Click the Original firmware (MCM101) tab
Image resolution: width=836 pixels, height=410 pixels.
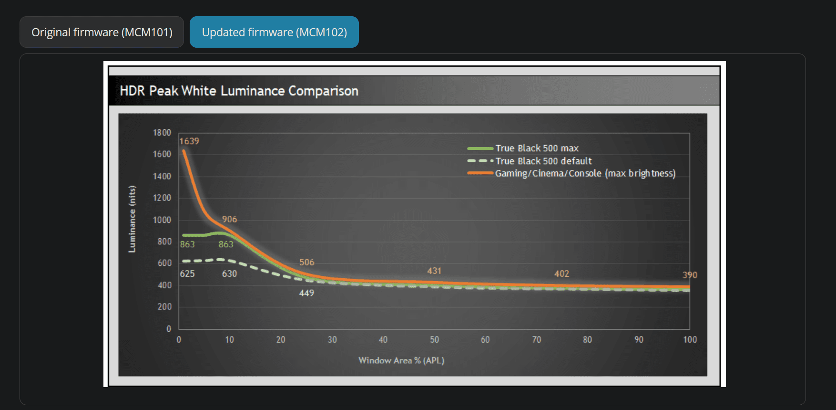point(102,32)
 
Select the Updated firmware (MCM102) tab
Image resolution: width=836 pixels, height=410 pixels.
point(274,32)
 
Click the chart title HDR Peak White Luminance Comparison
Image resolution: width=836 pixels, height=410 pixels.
point(239,91)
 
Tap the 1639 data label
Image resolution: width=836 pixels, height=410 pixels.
point(189,141)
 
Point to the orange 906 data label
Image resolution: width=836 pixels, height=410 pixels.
point(229,219)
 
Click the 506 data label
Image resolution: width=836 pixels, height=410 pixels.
point(306,262)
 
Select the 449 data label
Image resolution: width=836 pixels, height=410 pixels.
point(306,293)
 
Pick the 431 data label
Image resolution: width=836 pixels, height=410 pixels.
point(434,271)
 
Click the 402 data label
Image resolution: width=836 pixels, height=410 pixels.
point(561,273)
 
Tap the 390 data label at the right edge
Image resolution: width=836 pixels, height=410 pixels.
point(689,275)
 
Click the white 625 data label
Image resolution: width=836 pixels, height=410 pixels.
point(187,273)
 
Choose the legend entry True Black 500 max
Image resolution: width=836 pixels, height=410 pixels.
point(537,148)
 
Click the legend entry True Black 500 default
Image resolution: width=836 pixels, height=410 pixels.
point(543,161)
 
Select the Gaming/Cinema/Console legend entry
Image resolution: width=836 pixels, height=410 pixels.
point(585,173)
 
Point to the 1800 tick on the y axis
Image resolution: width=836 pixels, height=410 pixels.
point(162,133)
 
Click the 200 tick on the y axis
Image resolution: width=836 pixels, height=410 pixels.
point(164,306)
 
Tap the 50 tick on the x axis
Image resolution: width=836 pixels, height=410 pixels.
point(434,339)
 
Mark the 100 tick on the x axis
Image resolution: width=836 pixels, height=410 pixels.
point(690,339)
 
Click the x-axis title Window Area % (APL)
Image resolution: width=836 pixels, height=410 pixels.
point(401,360)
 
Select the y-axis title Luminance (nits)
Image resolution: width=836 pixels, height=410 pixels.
point(132,219)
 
